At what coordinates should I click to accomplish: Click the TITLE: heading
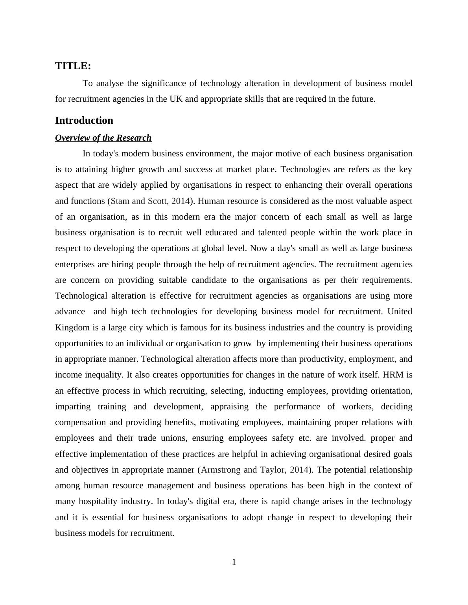click(x=73, y=66)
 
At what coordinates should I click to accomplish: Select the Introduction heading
click(x=84, y=121)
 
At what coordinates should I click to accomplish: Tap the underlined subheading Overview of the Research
click(x=103, y=138)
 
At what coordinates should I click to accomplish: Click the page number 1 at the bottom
click(x=234, y=562)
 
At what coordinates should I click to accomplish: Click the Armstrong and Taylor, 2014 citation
click(x=254, y=470)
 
